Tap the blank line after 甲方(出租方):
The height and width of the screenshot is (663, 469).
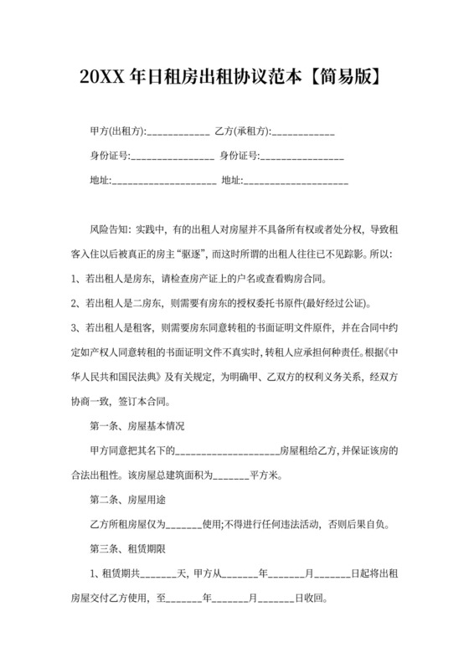(x=178, y=133)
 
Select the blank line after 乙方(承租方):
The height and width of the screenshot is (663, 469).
(x=303, y=133)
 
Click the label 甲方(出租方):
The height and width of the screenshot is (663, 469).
(x=117, y=132)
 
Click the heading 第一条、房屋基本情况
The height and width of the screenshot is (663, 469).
(x=136, y=426)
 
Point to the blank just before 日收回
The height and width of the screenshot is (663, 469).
(x=276, y=600)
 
